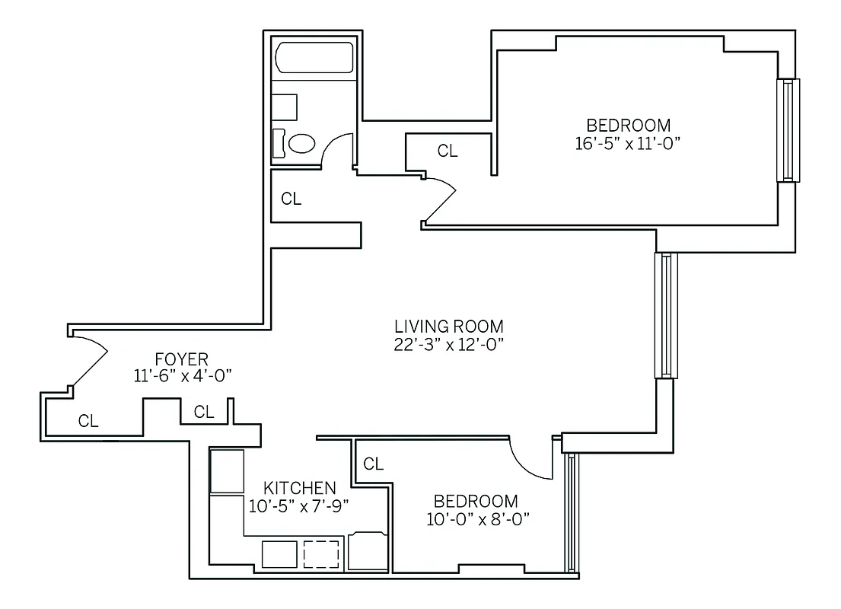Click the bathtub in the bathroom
click(x=314, y=59)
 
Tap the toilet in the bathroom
click(x=298, y=143)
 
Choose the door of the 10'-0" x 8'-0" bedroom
click(x=532, y=461)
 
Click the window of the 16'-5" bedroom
click(x=788, y=130)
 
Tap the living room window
click(x=666, y=316)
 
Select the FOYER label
click(x=181, y=359)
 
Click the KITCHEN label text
click(x=299, y=488)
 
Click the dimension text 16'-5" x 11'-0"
click(x=628, y=143)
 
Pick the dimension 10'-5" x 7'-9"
click(x=299, y=504)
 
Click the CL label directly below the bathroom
click(x=291, y=199)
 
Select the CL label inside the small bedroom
click(x=373, y=464)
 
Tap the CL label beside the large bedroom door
click(x=448, y=151)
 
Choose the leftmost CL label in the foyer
click(x=88, y=421)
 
